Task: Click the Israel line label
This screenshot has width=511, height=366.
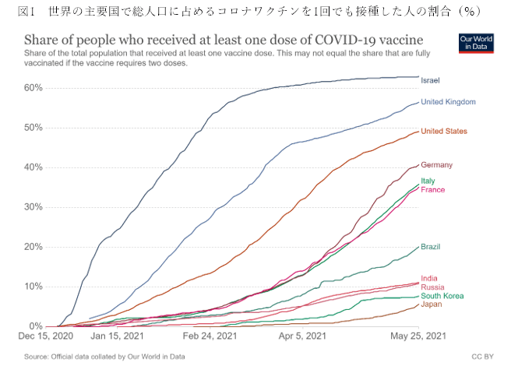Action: click(x=430, y=80)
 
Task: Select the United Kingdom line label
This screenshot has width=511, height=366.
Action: click(x=448, y=102)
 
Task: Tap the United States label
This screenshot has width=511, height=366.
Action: click(x=444, y=131)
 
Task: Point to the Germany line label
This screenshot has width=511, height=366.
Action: click(x=436, y=165)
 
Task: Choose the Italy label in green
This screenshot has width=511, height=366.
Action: click(x=428, y=181)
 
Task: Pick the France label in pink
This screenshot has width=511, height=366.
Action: click(x=432, y=190)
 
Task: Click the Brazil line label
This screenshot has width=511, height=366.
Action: click(x=431, y=247)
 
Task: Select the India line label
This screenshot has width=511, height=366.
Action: click(x=428, y=278)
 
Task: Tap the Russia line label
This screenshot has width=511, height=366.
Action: click(x=432, y=287)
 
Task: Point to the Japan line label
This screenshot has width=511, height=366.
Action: click(x=431, y=305)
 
